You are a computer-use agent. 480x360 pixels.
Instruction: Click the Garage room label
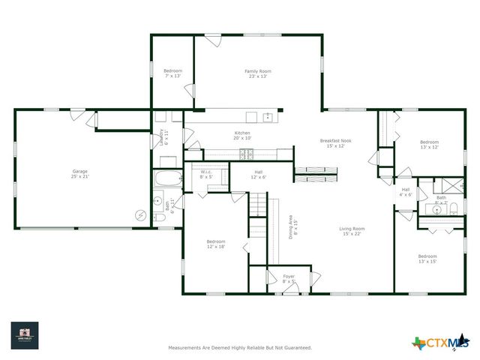80,174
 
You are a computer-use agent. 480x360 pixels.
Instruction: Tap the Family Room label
256,73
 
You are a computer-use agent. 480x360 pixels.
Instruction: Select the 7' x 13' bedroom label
173,73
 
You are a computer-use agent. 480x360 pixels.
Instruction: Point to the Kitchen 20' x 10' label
242,136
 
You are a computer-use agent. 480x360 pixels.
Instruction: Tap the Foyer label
289,278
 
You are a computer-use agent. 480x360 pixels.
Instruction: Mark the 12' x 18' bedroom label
216,244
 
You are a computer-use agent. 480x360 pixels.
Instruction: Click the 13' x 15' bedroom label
427,259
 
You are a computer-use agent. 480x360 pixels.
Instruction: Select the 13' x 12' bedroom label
429,145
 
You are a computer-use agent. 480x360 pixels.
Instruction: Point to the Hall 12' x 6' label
258,174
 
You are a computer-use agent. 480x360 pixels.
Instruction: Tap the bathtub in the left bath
167,180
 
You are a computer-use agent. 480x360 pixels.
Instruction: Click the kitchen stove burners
246,154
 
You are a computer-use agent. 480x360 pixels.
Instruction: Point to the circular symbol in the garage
139,215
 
